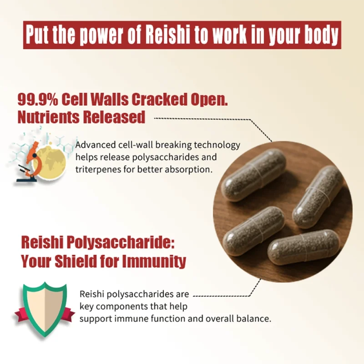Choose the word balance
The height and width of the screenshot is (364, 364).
(255, 318)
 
